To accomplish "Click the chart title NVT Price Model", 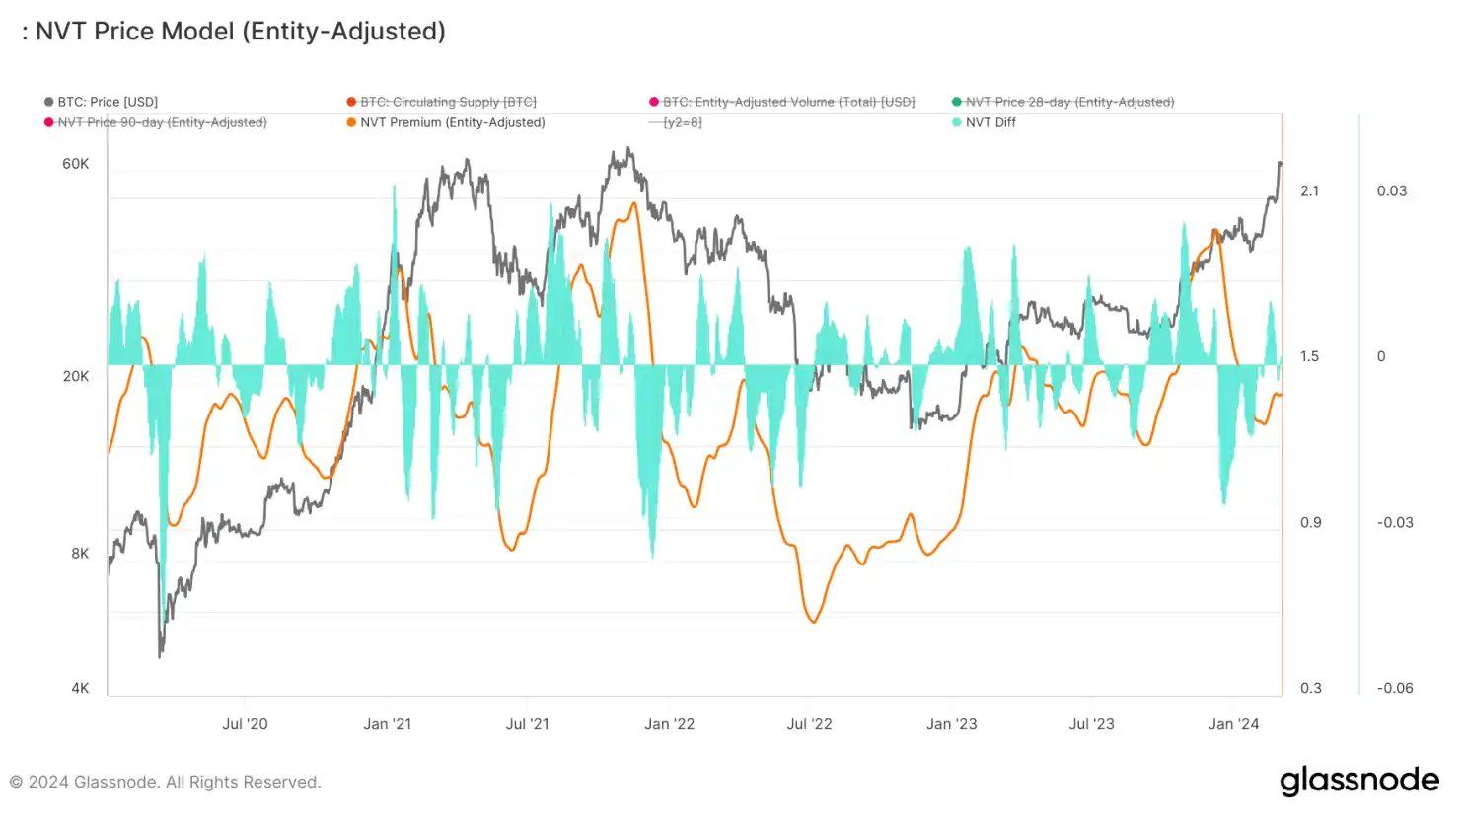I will (240, 32).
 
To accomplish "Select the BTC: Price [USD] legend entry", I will (107, 102).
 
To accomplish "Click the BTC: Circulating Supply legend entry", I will (448, 102).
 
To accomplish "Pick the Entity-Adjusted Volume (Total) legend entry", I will (788, 102).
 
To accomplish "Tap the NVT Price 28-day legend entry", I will (1069, 102).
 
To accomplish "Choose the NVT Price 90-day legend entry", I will (162, 122).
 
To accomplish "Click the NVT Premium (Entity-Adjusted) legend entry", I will (452, 122).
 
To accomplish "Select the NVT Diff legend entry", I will (990, 122).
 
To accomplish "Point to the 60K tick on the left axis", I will (76, 164).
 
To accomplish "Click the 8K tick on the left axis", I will (80, 554).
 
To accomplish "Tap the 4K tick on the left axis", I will (80, 688).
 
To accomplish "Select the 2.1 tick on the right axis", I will (1309, 191).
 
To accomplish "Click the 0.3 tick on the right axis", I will (1310, 688).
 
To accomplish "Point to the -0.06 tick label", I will (1395, 688).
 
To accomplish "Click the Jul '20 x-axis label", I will (245, 724).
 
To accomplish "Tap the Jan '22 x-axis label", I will (669, 724).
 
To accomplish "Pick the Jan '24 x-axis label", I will (1233, 724).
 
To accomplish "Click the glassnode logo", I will (1359, 781).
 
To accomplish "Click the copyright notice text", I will (166, 783).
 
